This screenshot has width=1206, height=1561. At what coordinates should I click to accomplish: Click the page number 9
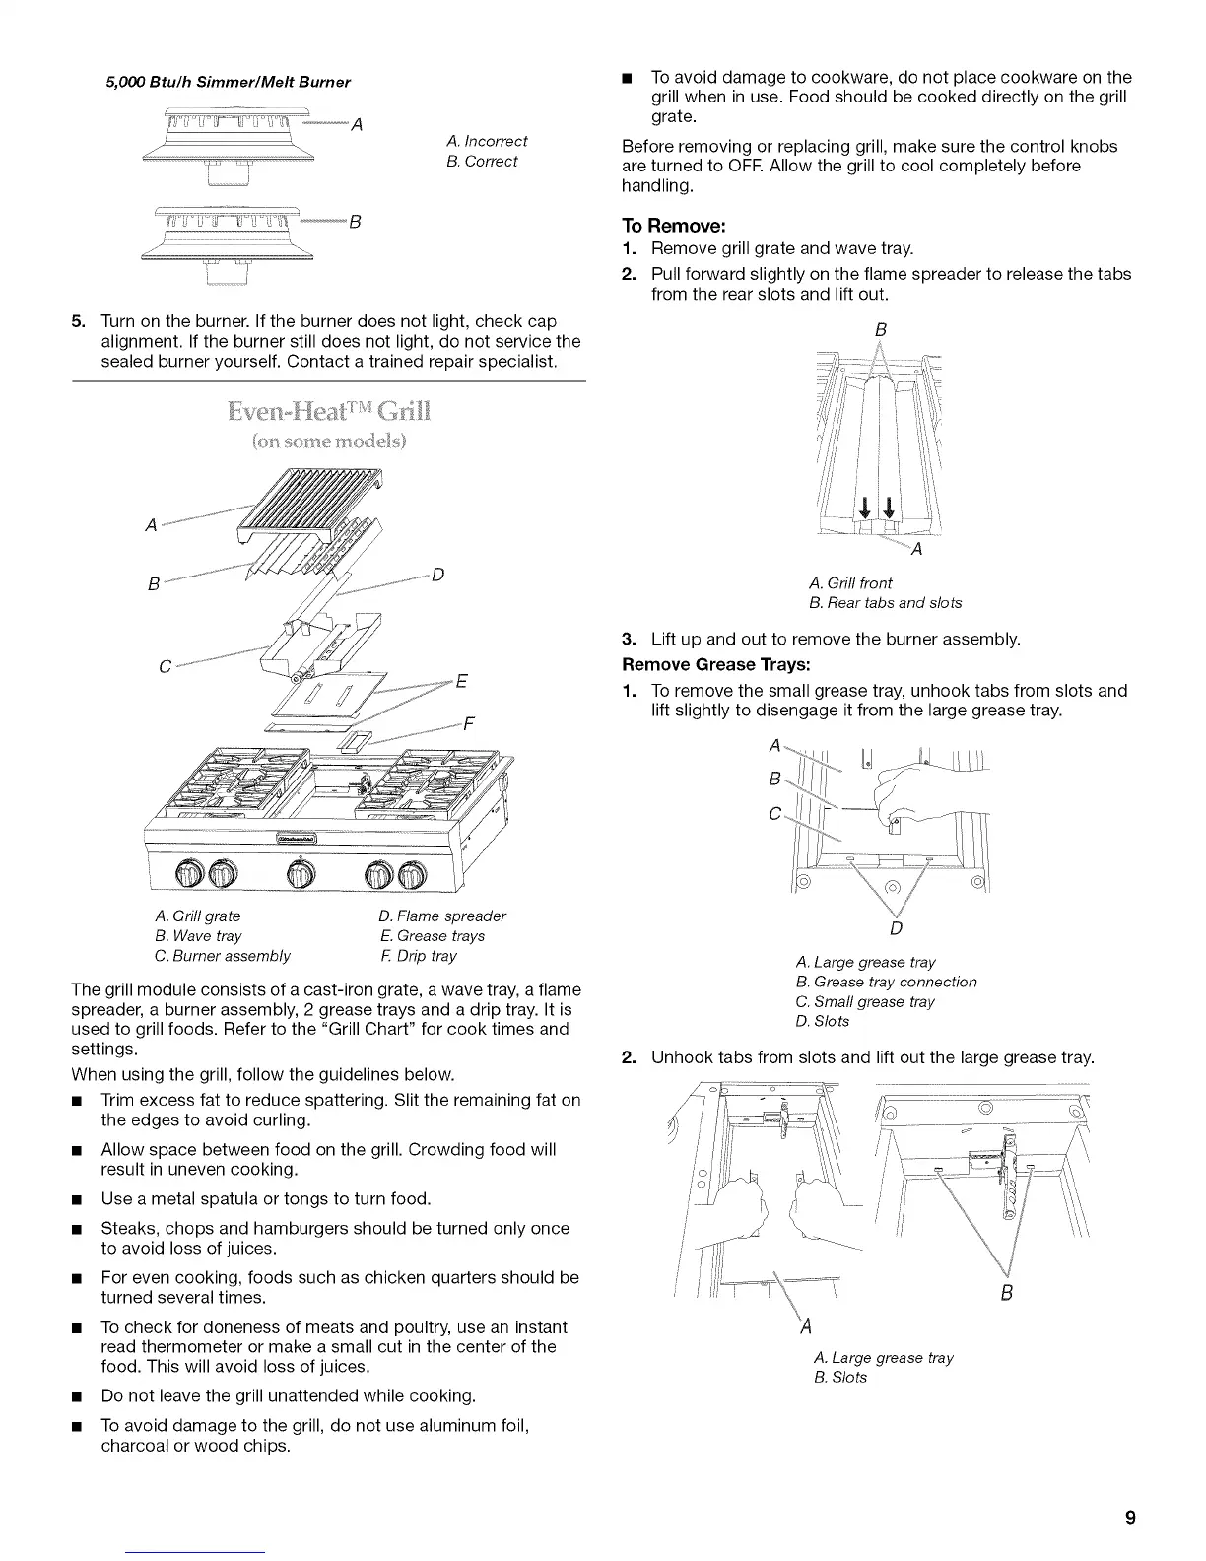tap(1130, 1517)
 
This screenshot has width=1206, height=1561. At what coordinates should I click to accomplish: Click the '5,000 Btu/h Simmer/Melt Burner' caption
tap(228, 81)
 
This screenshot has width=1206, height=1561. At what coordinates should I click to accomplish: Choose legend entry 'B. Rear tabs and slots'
tap(885, 602)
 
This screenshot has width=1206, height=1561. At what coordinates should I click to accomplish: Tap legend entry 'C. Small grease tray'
tap(865, 1001)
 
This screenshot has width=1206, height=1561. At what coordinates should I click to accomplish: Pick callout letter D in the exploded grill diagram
tap(439, 575)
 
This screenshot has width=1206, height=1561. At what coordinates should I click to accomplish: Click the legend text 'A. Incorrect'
tap(487, 141)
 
